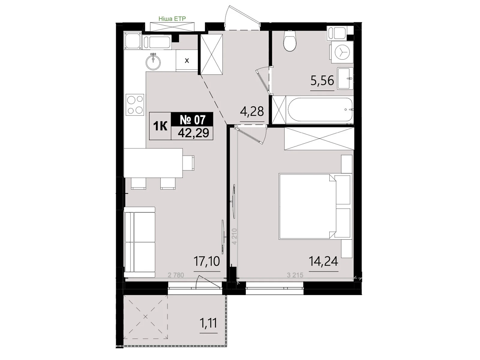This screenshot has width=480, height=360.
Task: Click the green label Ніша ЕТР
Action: point(172,19)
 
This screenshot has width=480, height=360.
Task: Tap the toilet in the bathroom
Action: point(290,42)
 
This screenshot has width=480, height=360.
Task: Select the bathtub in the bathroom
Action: point(319,109)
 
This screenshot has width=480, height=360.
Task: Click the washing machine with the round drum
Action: point(342,52)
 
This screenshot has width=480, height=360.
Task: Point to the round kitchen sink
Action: point(153,62)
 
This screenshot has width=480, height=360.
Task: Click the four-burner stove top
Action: point(135,104)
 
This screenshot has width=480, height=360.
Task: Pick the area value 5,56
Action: point(322,81)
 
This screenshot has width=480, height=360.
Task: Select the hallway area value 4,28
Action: point(252,112)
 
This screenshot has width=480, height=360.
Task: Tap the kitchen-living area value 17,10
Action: point(207,262)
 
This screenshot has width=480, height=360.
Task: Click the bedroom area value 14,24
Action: point(323,262)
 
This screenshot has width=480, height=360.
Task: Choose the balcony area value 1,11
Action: point(208,323)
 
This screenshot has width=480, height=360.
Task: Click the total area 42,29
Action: point(193,133)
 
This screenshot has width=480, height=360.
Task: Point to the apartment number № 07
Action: point(192,120)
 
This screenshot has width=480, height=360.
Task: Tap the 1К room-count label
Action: point(160,126)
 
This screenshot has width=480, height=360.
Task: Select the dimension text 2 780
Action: point(176,275)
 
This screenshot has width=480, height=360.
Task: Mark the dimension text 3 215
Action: point(295,275)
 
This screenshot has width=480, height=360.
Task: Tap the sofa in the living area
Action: point(139,242)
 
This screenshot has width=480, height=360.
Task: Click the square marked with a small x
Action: point(187,61)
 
